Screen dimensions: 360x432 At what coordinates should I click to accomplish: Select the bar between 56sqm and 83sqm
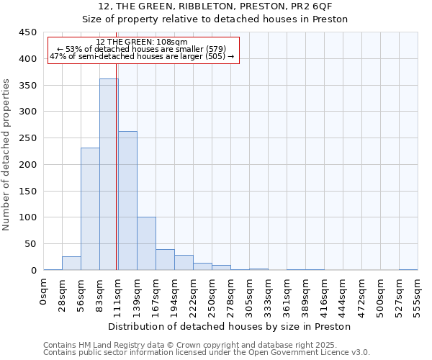pyautogui.click(x=90, y=209)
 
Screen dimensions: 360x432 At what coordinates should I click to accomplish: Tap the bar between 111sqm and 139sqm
pyautogui.click(x=127, y=201)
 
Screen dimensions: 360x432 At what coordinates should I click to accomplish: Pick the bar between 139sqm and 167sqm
pyautogui.click(x=146, y=243)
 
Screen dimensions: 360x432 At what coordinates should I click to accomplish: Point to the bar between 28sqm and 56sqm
pyautogui.click(x=71, y=264)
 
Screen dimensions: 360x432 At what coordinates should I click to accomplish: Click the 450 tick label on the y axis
pyautogui.click(x=28, y=32)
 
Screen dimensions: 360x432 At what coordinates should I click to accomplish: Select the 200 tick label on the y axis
pyautogui.click(x=28, y=165)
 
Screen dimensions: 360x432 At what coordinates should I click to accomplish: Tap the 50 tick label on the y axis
pyautogui.click(x=31, y=244)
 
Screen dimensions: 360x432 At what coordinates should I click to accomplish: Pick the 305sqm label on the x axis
pyautogui.click(x=250, y=294)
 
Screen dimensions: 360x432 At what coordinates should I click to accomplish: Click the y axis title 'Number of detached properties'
pyautogui.click(x=7, y=155)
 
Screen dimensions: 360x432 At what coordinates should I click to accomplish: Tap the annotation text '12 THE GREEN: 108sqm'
pyautogui.click(x=141, y=42)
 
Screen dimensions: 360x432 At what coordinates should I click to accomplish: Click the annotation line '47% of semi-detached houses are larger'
pyautogui.click(x=142, y=56)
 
